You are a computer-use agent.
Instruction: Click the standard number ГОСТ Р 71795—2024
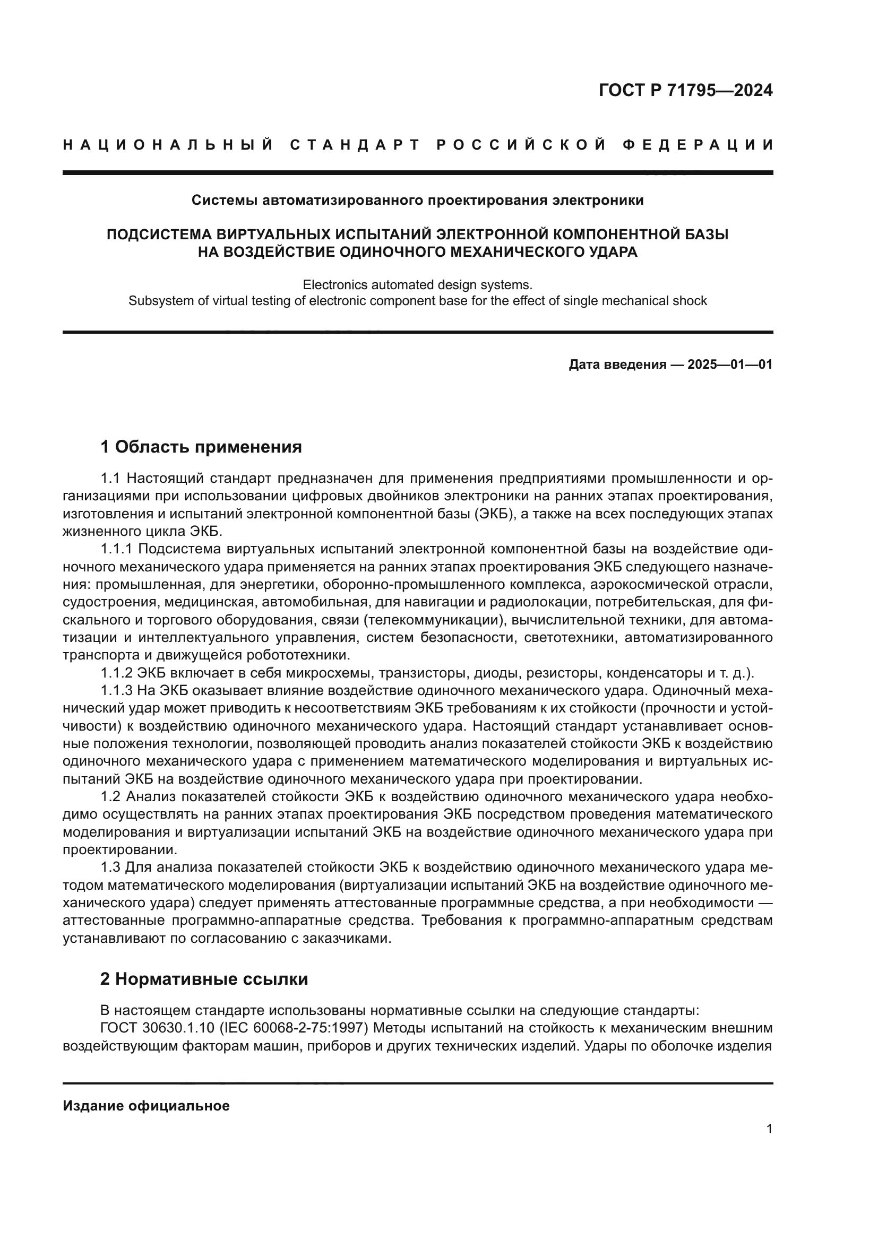685,90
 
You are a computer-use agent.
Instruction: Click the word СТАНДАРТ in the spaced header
355,145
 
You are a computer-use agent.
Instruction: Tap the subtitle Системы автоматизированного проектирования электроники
417,201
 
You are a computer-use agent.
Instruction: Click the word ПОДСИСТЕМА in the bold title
159,235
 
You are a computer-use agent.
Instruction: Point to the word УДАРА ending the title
615,252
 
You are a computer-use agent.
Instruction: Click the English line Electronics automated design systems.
417,284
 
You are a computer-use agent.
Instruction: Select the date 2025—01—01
730,365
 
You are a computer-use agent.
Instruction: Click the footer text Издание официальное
146,1106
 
